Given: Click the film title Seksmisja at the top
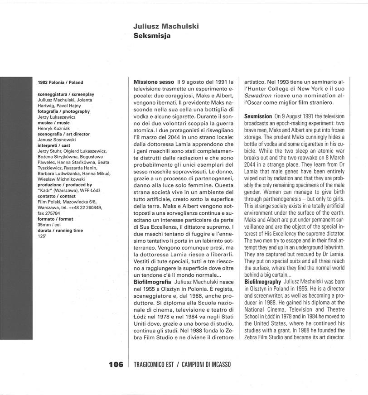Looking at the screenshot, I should (x=152, y=36).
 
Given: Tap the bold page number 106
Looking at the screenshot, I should (x=116, y=365).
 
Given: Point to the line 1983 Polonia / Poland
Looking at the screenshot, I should (x=60, y=83).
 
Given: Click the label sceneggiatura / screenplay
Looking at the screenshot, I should (x=66, y=94).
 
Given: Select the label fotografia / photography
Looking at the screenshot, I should (x=64, y=111).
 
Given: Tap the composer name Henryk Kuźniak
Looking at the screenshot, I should (x=56, y=129).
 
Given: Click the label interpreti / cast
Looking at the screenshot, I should (x=54, y=145).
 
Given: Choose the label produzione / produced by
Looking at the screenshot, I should (x=65, y=185).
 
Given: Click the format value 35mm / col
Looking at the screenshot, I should (x=49, y=225).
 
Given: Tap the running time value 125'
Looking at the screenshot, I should (x=42, y=236).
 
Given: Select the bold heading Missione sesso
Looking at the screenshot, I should (x=154, y=82).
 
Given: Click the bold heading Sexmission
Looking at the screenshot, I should (x=258, y=116).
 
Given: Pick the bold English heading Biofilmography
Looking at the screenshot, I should (x=263, y=282).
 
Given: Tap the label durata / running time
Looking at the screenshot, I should (x=60, y=230).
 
